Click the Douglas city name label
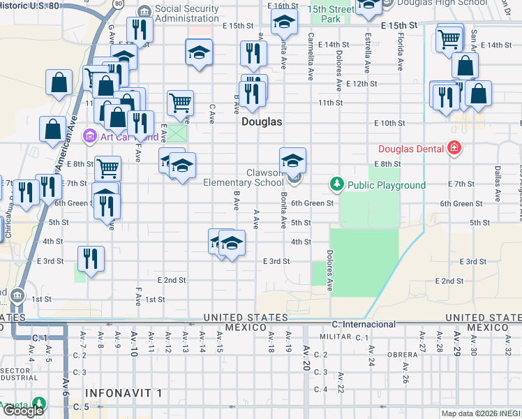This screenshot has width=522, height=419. pos(262,122)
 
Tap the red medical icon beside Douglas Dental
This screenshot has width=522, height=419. pos(454,148)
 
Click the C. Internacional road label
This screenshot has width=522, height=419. pos(364,325)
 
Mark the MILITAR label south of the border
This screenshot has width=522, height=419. pos(334,337)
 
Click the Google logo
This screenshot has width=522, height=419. pos(23,410)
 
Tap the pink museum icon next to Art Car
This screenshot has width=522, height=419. pos(90,135)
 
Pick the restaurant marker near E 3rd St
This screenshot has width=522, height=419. pos(91,258)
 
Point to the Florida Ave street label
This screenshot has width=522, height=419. pos(401,53)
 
